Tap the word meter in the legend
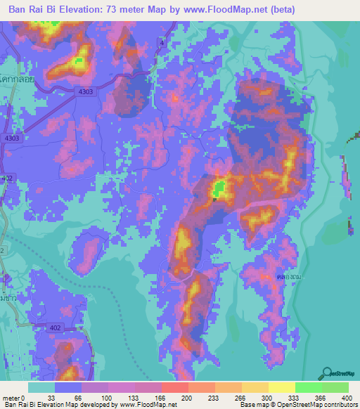[x=11, y=397]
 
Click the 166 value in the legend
[x=161, y=397]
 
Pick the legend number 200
[x=188, y=397]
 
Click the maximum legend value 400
[x=346, y=397]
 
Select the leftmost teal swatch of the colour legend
[x=41, y=387]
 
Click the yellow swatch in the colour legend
[x=281, y=387]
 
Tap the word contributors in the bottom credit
[x=340, y=405]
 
